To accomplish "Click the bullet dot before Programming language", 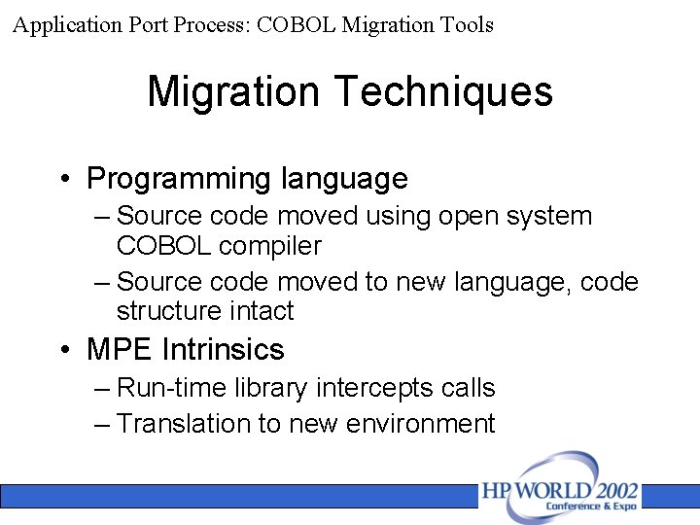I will pos(63,179).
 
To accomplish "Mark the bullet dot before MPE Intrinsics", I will pos(63,349).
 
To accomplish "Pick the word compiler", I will pos(270,246).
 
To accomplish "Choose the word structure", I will pos(171,311).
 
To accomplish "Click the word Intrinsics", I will pos(223,349).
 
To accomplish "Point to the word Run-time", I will pos(171,388).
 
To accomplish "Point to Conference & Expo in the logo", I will pos(591,507).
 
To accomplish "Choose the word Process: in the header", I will pos(213,25).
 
